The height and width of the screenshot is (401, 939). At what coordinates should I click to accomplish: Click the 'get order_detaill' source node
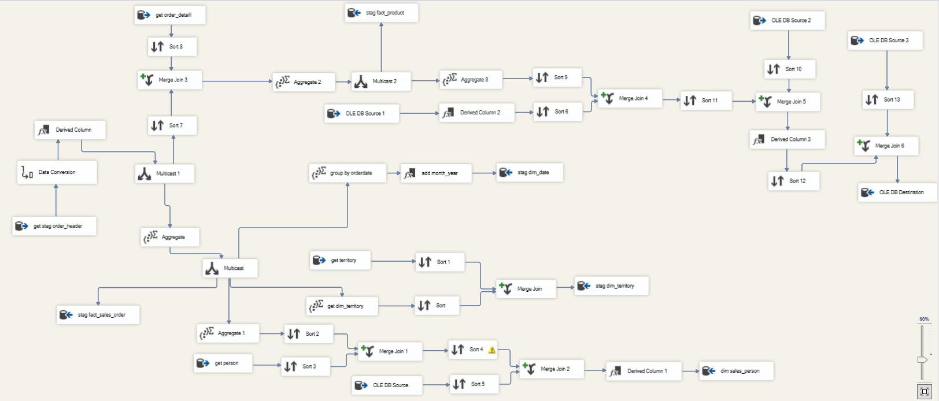pyautogui.click(x=170, y=15)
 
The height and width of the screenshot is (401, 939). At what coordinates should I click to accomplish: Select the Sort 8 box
pyautogui.click(x=172, y=47)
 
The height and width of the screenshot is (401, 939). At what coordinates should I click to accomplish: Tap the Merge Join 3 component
pyautogui.click(x=170, y=80)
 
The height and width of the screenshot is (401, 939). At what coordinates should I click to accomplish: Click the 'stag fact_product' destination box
pyautogui.click(x=381, y=13)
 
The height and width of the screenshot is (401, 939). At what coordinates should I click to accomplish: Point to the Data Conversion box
pyautogui.click(x=57, y=172)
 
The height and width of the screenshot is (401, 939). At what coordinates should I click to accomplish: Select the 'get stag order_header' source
pyautogui.click(x=54, y=226)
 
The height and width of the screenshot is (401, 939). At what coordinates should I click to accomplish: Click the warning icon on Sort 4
pyautogui.click(x=492, y=350)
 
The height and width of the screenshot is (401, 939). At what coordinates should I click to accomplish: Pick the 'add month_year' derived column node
pyautogui.click(x=436, y=173)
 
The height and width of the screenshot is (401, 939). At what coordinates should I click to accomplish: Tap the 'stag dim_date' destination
pyautogui.click(x=530, y=172)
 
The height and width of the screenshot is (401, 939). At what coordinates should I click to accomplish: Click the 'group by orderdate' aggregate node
pyautogui.click(x=347, y=173)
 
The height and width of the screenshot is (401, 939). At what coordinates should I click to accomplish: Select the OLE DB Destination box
pyautogui.click(x=897, y=192)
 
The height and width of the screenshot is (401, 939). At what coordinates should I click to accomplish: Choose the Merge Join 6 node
pyautogui.click(x=886, y=146)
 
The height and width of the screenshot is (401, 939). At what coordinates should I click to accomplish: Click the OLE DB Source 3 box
pyautogui.click(x=885, y=40)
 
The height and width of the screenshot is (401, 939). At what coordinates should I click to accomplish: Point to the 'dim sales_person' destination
pyautogui.click(x=736, y=371)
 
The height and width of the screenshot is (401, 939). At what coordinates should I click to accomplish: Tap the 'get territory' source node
pyautogui.click(x=340, y=260)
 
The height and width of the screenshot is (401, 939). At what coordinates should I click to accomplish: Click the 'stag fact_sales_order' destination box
pyautogui.click(x=98, y=315)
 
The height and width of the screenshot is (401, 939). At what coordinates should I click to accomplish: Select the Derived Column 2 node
pyautogui.click(x=476, y=113)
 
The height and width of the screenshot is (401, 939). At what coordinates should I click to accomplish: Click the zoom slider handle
pyautogui.click(x=922, y=359)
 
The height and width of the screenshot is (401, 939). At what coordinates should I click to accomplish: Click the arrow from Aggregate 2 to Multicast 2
pyautogui.click(x=343, y=81)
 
